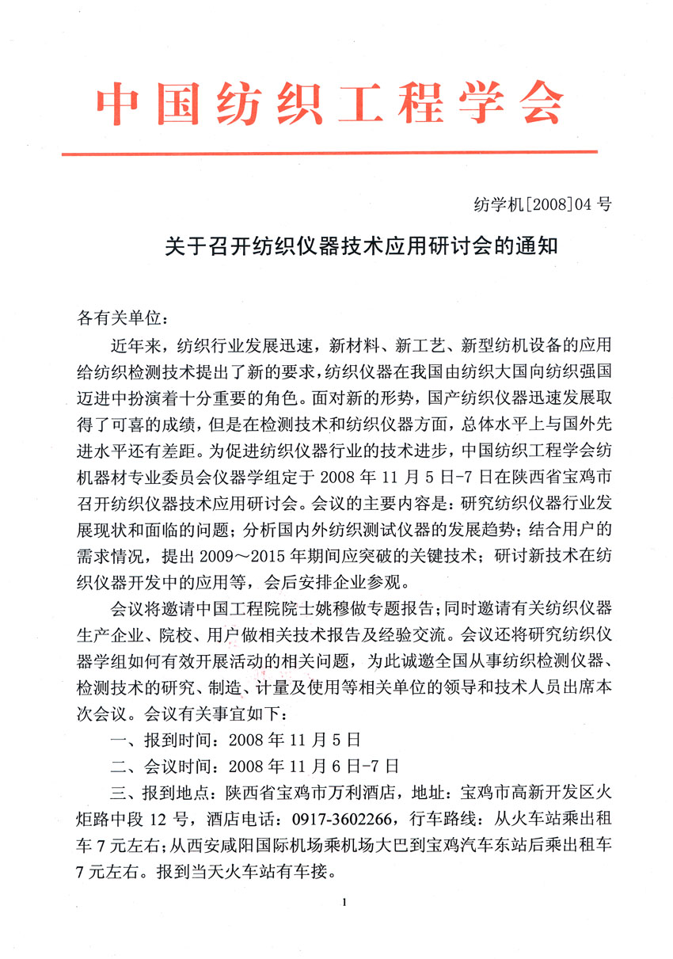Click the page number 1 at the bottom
[347, 901]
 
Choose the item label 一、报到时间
[162, 741]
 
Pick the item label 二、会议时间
[162, 766]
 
